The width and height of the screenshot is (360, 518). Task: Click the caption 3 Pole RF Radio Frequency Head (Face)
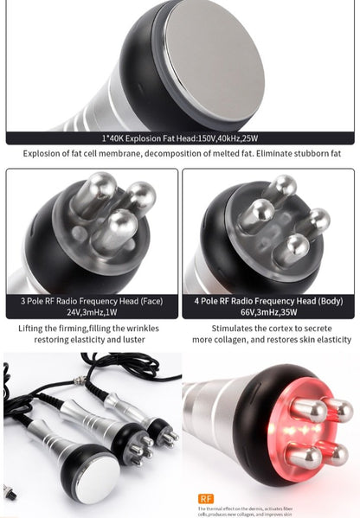tap(91, 302)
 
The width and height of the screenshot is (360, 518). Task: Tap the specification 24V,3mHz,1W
tap(91, 314)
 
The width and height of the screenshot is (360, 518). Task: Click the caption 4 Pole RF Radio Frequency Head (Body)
tap(269, 302)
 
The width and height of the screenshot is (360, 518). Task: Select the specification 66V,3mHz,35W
tap(269, 314)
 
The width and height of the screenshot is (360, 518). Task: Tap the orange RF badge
tap(205, 498)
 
